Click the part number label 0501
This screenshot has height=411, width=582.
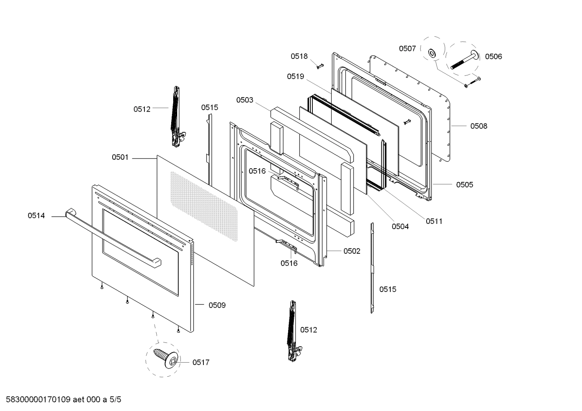(x=120, y=157)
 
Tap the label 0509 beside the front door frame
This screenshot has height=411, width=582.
(x=217, y=305)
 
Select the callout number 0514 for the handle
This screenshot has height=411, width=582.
(x=36, y=216)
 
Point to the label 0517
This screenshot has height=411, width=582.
(x=201, y=363)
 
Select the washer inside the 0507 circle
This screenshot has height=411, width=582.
(x=431, y=53)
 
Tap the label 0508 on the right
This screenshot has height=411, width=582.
(x=478, y=126)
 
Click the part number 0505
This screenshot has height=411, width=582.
(x=465, y=185)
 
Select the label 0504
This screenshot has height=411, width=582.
(x=400, y=227)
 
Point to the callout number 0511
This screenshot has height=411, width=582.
(x=434, y=221)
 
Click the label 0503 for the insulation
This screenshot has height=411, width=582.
(x=245, y=100)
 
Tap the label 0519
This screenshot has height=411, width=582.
(x=295, y=76)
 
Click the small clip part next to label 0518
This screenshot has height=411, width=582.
(x=320, y=66)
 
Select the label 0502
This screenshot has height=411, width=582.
(x=352, y=251)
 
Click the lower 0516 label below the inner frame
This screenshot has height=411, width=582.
(x=289, y=263)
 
